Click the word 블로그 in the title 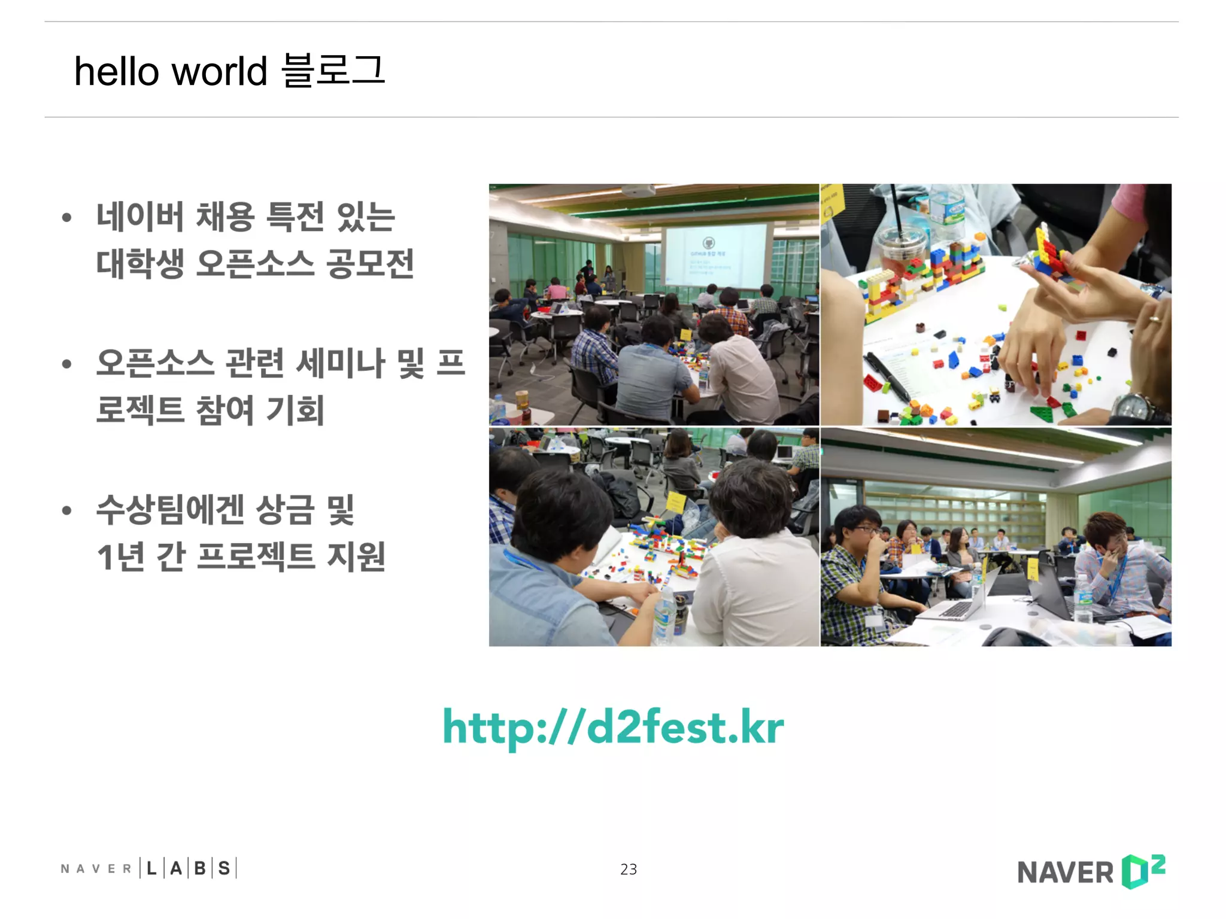click(x=333, y=71)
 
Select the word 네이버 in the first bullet click(x=140, y=217)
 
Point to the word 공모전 click(x=370, y=263)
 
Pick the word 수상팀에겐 click(x=170, y=510)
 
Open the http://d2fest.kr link click(x=613, y=727)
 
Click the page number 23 click(x=629, y=869)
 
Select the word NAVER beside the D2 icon click(x=1065, y=873)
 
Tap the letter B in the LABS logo click(x=200, y=868)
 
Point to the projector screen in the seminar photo click(x=715, y=254)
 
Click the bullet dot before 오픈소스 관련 click(x=67, y=363)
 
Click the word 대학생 click(x=140, y=263)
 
